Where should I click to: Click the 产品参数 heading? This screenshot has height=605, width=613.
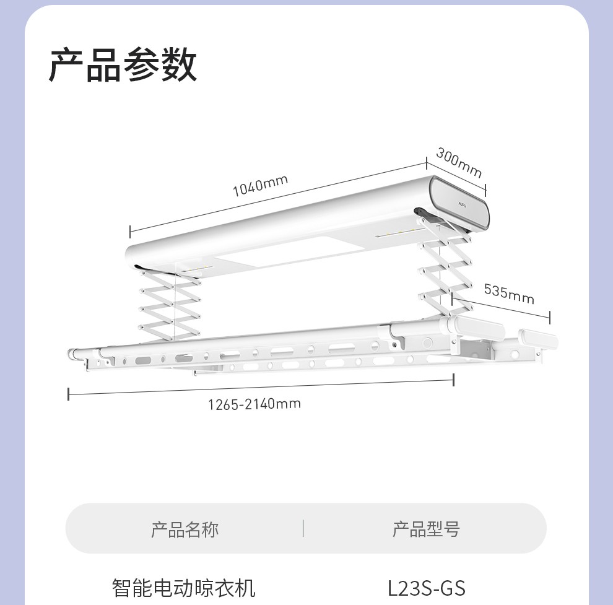pyautogui.click(x=123, y=64)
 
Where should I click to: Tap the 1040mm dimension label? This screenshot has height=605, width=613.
pyautogui.click(x=260, y=185)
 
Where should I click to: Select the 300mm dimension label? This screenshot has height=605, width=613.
pyautogui.click(x=458, y=162)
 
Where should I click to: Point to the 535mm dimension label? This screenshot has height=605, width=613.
pyautogui.click(x=508, y=293)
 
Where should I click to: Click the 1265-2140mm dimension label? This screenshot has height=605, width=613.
pyautogui.click(x=254, y=404)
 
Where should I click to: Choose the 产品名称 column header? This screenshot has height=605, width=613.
pyautogui.click(x=185, y=529)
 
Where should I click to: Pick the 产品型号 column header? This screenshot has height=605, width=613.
pyautogui.click(x=426, y=529)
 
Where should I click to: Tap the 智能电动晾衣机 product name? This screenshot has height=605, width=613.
pyautogui.click(x=183, y=587)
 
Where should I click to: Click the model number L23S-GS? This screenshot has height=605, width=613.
pyautogui.click(x=426, y=587)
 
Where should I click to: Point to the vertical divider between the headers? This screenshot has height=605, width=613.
pyautogui.click(x=303, y=528)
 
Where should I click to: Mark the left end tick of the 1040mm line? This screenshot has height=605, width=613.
pyautogui.click(x=130, y=232)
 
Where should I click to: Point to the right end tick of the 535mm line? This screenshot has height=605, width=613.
pyautogui.click(x=550, y=317)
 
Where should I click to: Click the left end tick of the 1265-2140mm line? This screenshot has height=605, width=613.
pyautogui.click(x=69, y=393)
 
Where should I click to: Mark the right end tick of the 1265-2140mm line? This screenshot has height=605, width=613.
pyautogui.click(x=454, y=380)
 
